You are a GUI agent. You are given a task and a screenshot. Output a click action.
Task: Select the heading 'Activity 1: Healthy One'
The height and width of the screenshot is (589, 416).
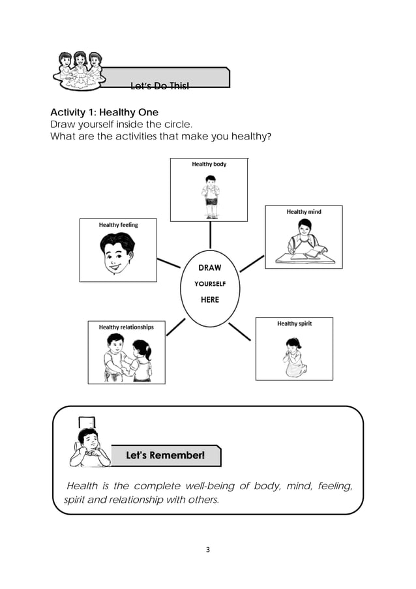(104, 113)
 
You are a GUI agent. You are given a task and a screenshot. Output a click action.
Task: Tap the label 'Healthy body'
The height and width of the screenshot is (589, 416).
(209, 164)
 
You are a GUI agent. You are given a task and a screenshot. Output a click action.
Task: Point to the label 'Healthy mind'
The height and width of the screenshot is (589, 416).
(304, 212)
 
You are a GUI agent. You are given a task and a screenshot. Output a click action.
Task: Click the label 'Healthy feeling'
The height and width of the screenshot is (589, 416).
(119, 225)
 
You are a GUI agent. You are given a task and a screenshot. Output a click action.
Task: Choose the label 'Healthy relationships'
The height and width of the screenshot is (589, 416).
(126, 327)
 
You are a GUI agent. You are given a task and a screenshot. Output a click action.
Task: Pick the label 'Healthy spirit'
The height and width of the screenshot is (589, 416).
(294, 324)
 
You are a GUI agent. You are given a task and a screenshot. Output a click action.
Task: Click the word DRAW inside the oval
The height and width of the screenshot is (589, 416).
(209, 268)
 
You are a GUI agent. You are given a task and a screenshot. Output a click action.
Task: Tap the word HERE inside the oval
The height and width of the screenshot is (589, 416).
(209, 300)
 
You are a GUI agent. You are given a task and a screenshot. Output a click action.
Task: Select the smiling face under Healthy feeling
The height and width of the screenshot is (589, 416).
(117, 255)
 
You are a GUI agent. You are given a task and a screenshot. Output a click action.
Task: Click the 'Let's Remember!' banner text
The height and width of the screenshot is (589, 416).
(166, 455)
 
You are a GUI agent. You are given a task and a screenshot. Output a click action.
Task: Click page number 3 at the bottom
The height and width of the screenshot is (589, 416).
(208, 549)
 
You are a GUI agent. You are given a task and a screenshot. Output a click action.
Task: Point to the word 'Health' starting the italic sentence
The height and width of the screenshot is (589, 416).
(82, 486)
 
